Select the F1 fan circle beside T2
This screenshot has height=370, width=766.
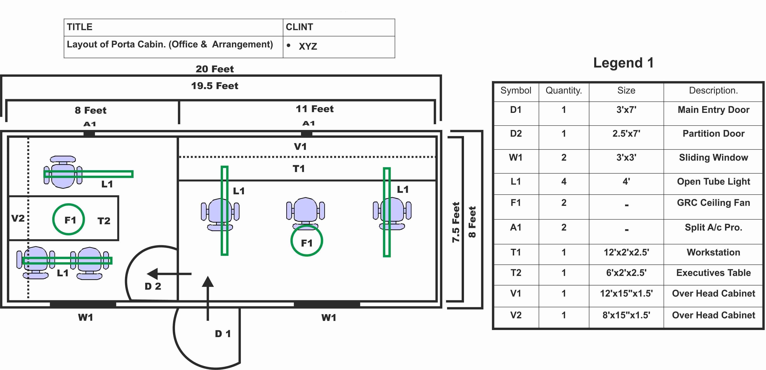69,220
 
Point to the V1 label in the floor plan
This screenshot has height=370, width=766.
300,146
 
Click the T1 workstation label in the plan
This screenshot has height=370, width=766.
299,169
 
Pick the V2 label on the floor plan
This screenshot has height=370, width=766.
18,218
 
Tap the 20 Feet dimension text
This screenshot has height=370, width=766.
215,69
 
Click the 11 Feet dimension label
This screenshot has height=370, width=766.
315,109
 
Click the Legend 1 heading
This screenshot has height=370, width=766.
624,63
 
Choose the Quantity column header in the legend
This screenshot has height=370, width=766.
564,90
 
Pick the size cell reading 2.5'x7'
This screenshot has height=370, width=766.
626,133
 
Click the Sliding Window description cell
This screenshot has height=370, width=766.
713,157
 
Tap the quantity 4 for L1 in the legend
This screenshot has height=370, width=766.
564,181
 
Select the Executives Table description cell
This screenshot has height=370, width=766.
713,273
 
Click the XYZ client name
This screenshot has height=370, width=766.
308,46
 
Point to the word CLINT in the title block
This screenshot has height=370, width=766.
299,27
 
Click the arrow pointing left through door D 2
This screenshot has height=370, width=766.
169,274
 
